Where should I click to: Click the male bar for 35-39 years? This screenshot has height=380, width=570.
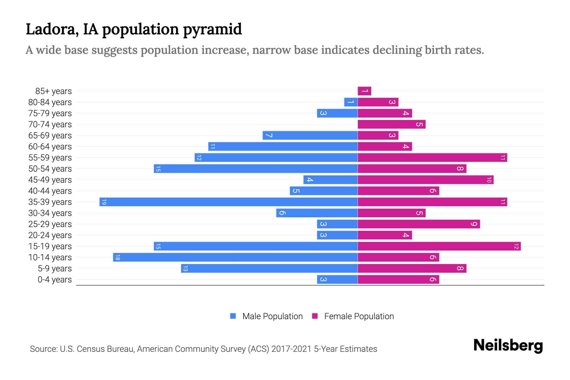tap(228, 202)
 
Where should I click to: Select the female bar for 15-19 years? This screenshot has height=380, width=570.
tap(439, 246)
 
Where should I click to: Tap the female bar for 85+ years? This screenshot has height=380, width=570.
tap(364, 91)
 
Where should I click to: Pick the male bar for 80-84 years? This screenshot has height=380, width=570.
tap(351, 102)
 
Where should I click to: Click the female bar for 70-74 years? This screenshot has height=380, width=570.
tap(391, 124)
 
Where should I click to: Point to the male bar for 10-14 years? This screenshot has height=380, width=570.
tap(235, 257)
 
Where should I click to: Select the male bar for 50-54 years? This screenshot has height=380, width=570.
tap(256, 169)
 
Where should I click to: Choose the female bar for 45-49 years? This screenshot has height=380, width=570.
tap(425, 180)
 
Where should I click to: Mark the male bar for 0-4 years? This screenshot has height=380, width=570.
tap(337, 280)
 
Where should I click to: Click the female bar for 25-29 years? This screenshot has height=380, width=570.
tap(419, 224)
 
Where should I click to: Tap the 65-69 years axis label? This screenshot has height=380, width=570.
tap(50, 136)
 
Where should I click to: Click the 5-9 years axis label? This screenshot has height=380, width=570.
tap(54, 269)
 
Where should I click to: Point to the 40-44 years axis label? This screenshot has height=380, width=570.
tap(50, 191)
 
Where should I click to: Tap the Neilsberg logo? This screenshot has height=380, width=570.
tap(508, 345)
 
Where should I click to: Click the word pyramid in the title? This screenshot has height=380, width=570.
tap(212, 29)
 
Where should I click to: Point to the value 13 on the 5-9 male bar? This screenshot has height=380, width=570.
tap(185, 269)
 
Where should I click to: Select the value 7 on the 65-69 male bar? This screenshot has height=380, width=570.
tap(269, 136)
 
